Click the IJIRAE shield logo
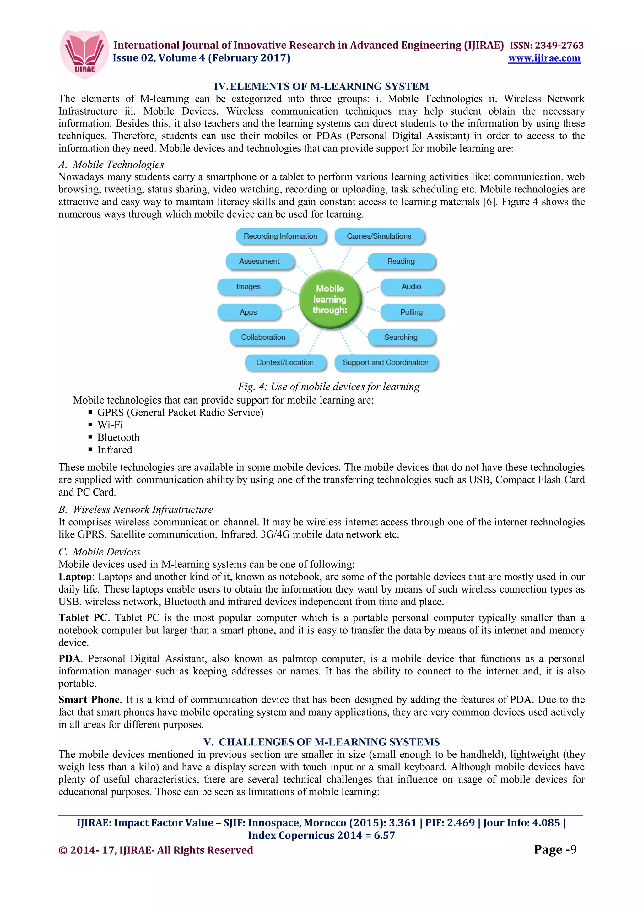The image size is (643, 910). click(84, 54)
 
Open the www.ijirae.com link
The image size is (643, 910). click(544, 58)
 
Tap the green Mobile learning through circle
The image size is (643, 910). click(330, 299)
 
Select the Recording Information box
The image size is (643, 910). click(280, 236)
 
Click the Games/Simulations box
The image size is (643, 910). click(379, 236)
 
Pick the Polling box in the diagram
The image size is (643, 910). click(411, 312)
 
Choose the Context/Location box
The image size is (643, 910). click(285, 362)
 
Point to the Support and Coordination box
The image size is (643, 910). click(386, 362)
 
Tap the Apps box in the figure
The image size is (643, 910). click(248, 312)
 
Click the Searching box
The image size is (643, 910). click(401, 337)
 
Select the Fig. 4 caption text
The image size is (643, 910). click(328, 387)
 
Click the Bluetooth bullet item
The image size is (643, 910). click(118, 437)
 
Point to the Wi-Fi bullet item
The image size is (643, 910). click(110, 425)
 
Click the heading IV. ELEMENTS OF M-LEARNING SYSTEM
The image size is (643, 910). click(321, 86)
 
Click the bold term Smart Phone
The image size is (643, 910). click(89, 700)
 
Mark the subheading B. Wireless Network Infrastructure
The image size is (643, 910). click(136, 509)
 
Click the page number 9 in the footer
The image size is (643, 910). click(573, 849)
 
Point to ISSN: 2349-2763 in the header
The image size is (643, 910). click(546, 46)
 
